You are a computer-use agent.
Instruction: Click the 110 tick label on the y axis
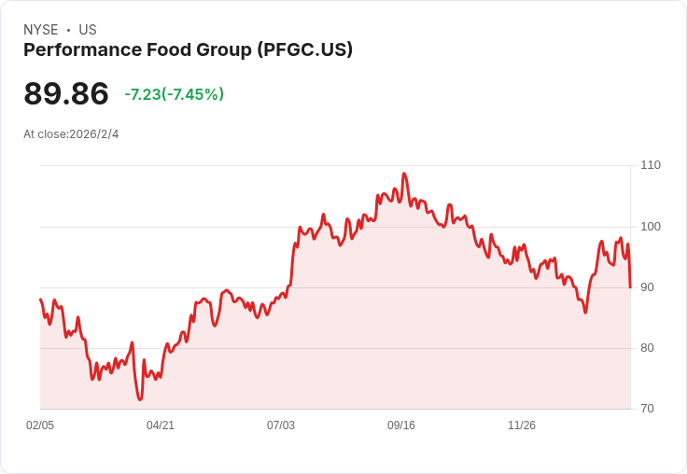point(651,165)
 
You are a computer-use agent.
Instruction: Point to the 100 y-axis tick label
point(651,227)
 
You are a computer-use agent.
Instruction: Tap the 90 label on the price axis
point(647,287)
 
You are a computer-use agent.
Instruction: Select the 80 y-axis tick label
point(647,348)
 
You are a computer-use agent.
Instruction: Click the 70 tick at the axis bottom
point(647,409)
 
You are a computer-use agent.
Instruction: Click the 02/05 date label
point(40,425)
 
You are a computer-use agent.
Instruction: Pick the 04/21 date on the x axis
point(161,425)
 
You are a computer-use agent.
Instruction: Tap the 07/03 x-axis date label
point(281,425)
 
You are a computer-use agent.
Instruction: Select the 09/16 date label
point(401,425)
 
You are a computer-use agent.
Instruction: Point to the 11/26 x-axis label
point(522,425)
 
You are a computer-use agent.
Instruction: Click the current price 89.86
point(66,93)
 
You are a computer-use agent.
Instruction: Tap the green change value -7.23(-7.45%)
point(175,94)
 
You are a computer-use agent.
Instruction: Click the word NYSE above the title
point(41,30)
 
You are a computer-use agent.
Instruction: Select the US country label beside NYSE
point(88,30)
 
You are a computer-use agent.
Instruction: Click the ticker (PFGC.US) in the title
point(305,50)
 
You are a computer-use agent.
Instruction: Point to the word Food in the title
point(169,49)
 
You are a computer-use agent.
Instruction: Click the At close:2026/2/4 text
point(71,134)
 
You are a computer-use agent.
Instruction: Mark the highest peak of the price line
point(404,174)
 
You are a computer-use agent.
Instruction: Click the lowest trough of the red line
point(140,399)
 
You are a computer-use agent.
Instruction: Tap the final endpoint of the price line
point(630,287)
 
